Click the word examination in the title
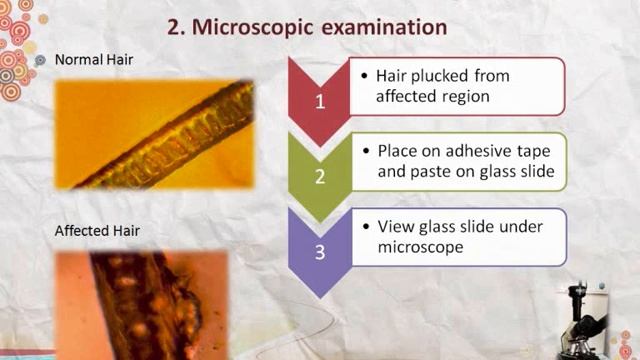[x=385, y=27]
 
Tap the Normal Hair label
[x=94, y=60]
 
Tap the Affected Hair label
[x=97, y=232]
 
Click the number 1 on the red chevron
[x=320, y=101]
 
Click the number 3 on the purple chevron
[x=320, y=251]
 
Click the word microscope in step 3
[x=420, y=247]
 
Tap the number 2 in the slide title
[x=174, y=27]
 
